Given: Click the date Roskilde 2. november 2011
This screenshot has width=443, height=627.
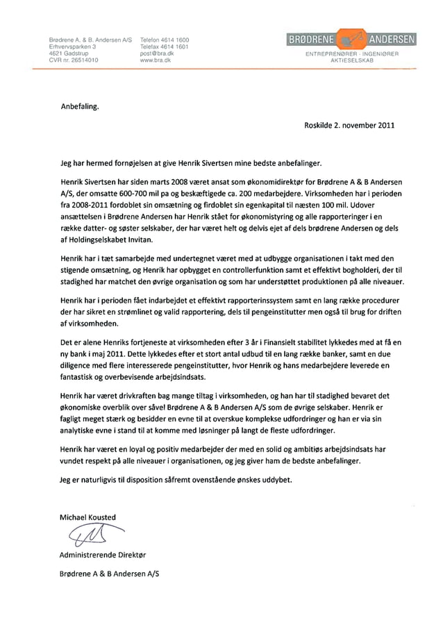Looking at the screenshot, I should pyautogui.click(x=349, y=126).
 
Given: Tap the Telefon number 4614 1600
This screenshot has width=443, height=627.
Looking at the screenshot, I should pyautogui.click(x=165, y=40).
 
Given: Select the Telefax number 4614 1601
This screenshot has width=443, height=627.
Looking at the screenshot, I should pyautogui.click(x=165, y=47).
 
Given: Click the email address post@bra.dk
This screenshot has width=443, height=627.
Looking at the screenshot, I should pyautogui.click(x=156, y=53).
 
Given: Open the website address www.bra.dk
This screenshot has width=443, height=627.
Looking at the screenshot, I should pyautogui.click(x=156, y=60).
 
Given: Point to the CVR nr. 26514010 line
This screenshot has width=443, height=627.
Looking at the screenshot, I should pyautogui.click(x=74, y=60).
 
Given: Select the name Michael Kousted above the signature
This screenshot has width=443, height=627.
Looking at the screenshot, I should pyautogui.click(x=88, y=517).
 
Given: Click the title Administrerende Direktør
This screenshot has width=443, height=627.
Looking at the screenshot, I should pyautogui.click(x=103, y=555).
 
